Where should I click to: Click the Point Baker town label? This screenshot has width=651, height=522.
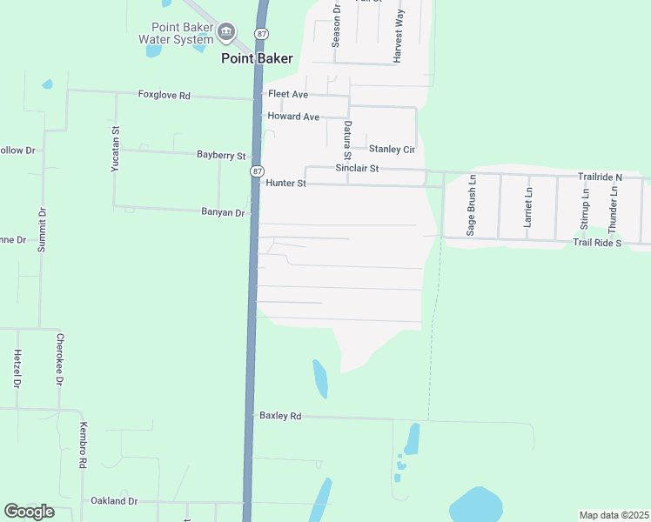257,58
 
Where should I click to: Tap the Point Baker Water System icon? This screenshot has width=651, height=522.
227,33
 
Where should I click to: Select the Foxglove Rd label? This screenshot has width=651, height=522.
164,95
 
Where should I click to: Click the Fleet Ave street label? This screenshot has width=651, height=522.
288,94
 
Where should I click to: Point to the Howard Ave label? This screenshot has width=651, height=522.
293,117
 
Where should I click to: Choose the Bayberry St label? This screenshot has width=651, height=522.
221,155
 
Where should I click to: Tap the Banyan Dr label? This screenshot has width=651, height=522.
223,212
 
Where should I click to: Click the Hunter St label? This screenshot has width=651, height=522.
286,184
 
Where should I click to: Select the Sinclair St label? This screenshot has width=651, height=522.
358,168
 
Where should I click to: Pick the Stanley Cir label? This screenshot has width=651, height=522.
391,149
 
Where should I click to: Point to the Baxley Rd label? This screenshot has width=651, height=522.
280,417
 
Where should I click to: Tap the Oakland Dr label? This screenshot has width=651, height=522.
114,501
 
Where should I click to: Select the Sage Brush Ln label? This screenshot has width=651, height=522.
471,206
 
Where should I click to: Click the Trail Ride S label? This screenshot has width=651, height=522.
597,242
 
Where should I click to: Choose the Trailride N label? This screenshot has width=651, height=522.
601,177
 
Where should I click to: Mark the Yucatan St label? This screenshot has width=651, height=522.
115,149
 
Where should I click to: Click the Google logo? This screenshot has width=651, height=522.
29,512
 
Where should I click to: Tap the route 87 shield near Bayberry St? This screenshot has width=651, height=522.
257,171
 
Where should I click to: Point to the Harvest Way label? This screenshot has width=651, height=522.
399,37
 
